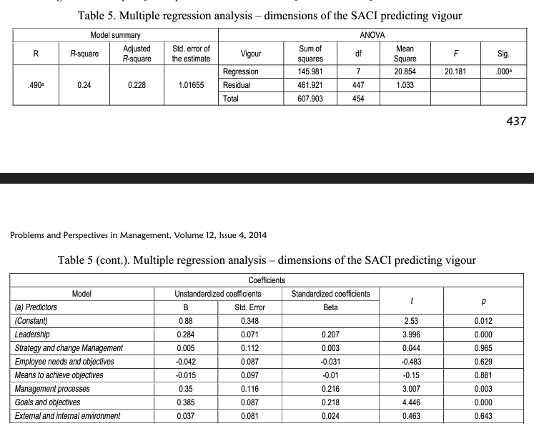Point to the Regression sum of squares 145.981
click(310, 72)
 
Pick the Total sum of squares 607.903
click(310, 98)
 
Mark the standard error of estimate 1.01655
click(191, 85)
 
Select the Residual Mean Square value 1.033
click(405, 85)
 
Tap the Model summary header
click(115, 35)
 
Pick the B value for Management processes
click(185, 390)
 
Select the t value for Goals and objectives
click(410, 403)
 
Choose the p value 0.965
click(483, 348)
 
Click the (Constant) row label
click(31, 321)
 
